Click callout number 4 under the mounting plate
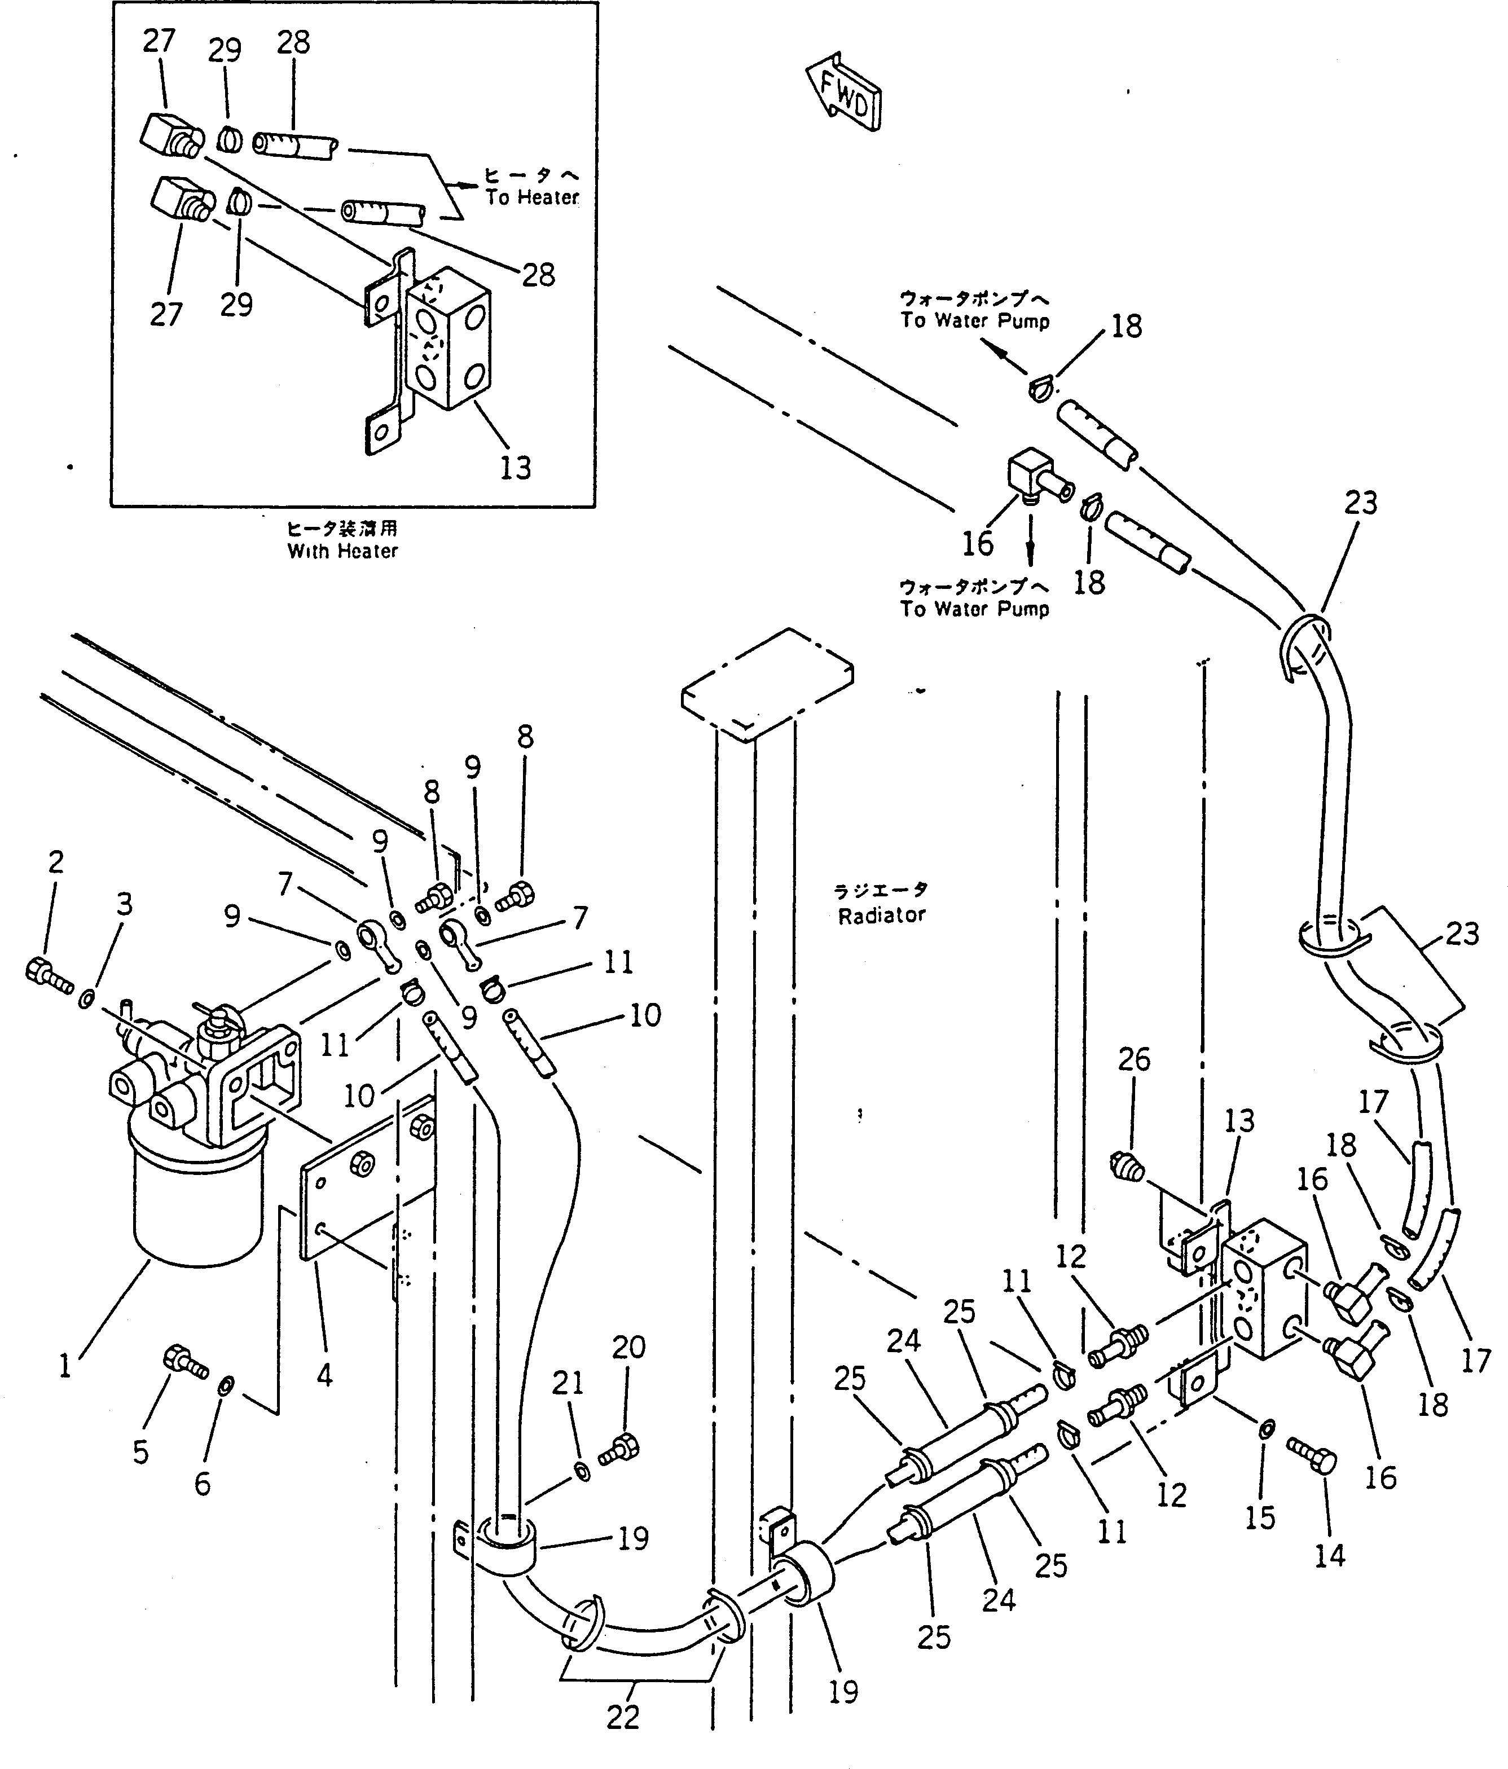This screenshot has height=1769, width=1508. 324,1375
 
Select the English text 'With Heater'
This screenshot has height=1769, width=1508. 342,552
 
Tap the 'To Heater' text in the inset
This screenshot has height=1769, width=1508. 533,197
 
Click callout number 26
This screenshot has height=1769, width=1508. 1134,1059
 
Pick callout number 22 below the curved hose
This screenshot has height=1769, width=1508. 622,1717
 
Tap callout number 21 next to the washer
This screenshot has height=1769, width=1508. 568,1382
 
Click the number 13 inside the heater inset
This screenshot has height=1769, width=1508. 515,467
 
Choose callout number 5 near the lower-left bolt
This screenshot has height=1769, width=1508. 141,1451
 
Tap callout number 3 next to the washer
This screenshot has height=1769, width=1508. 125,904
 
